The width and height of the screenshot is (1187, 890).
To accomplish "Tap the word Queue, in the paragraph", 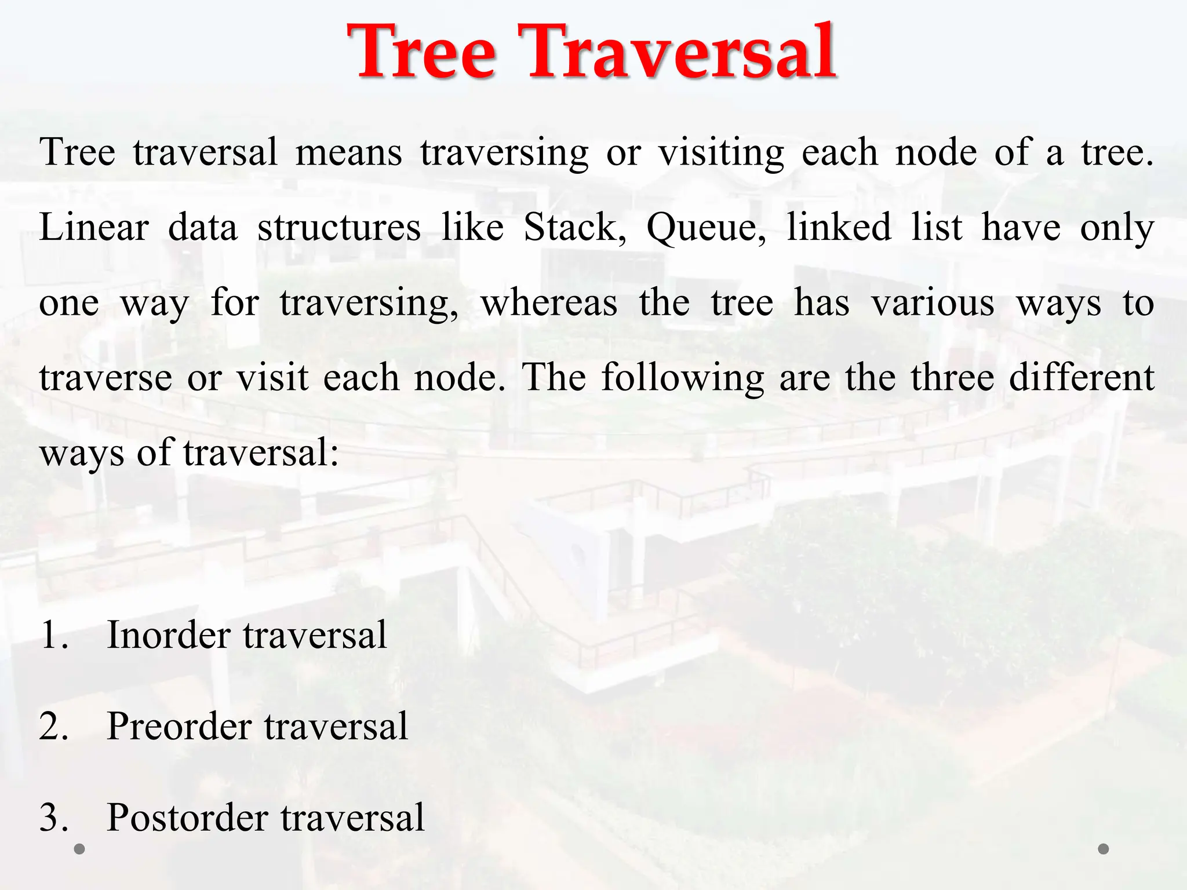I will coord(706,228).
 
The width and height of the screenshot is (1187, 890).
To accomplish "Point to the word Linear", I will coord(94,227).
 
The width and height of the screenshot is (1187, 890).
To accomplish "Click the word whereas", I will coord(549,303).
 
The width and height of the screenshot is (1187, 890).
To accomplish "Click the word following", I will coord(682,378).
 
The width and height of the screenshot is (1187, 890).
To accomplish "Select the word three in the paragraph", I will coord(951,377).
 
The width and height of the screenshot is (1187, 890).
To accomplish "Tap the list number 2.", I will coord(53,727).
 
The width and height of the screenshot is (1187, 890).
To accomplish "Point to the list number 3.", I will coord(53,818).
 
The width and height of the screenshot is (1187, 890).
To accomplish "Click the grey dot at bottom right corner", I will coord(1104,849).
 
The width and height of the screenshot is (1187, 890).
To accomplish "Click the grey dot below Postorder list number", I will coord(80,849).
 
